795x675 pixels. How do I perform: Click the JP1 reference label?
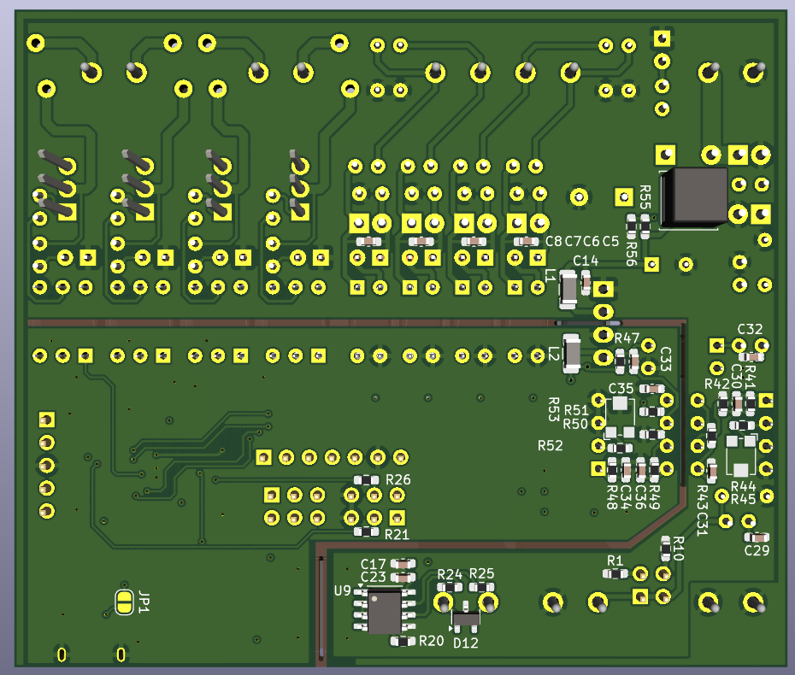click(x=144, y=602)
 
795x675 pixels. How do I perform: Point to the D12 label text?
click(x=466, y=643)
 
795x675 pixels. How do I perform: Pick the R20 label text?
click(x=431, y=641)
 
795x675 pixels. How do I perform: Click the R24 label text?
click(x=450, y=573)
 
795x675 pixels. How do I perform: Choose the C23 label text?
click(x=374, y=578)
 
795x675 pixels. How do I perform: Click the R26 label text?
click(x=398, y=480)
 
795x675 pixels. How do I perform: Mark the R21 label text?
click(x=397, y=534)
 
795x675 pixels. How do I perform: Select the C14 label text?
click(x=586, y=261)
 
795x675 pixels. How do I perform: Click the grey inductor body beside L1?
click(x=568, y=290)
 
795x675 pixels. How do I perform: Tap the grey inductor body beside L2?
click(x=572, y=353)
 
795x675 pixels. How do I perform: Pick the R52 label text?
click(x=550, y=445)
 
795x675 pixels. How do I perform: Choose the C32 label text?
click(x=750, y=329)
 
